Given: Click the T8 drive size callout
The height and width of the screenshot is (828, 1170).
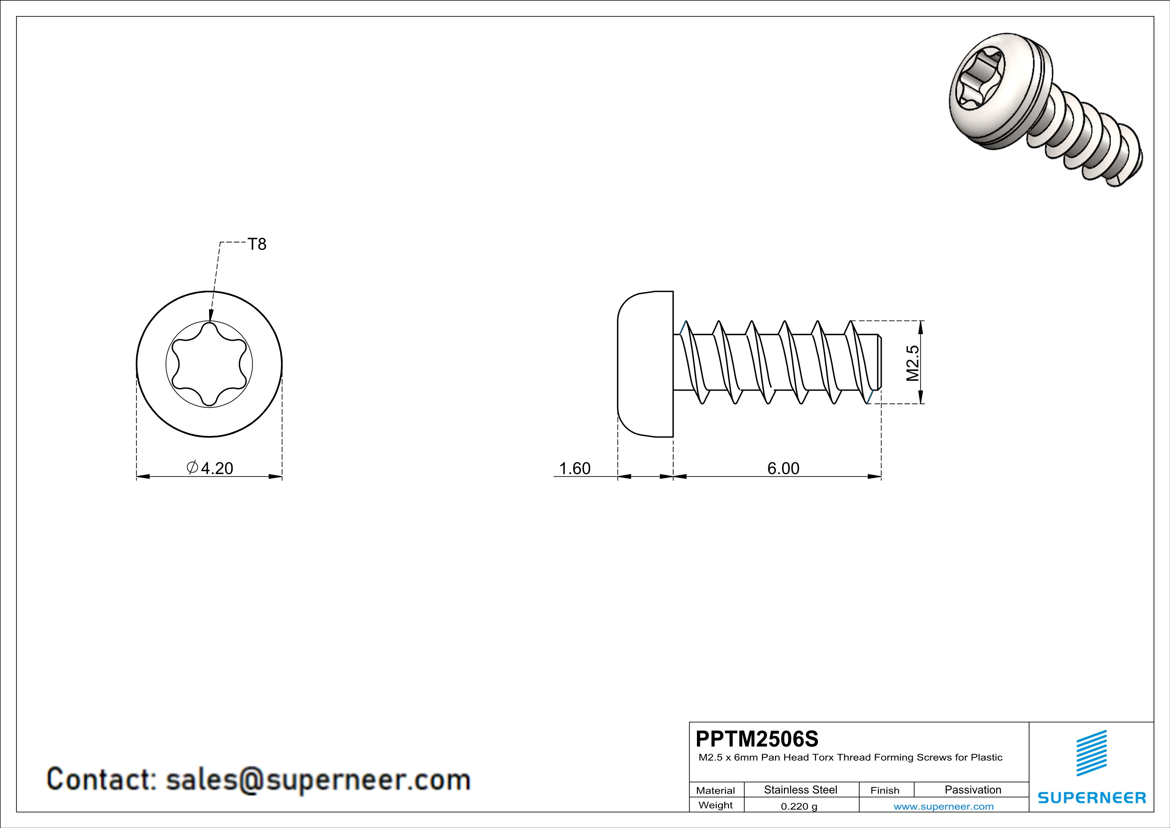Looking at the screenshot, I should point(257,244).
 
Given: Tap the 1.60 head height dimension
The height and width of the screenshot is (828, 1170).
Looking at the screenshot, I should point(575,468).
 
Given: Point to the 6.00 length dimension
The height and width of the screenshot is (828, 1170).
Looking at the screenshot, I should point(783,468).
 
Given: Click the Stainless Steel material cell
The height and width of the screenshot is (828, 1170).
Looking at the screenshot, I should point(801,790).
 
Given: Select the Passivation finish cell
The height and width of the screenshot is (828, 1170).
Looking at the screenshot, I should point(973,790).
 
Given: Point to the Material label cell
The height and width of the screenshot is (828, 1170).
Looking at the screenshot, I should point(716,790).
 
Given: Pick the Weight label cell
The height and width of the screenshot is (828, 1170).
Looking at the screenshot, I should point(716,805).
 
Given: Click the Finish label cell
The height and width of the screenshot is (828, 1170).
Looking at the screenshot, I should point(885,790).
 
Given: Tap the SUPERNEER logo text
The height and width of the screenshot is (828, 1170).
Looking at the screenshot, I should point(1092,797).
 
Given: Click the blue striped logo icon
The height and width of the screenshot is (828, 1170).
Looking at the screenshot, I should point(1091,754).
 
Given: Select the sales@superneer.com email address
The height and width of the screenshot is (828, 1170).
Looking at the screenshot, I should point(318,780).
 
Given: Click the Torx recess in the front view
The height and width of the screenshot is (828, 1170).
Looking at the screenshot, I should point(210,364).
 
